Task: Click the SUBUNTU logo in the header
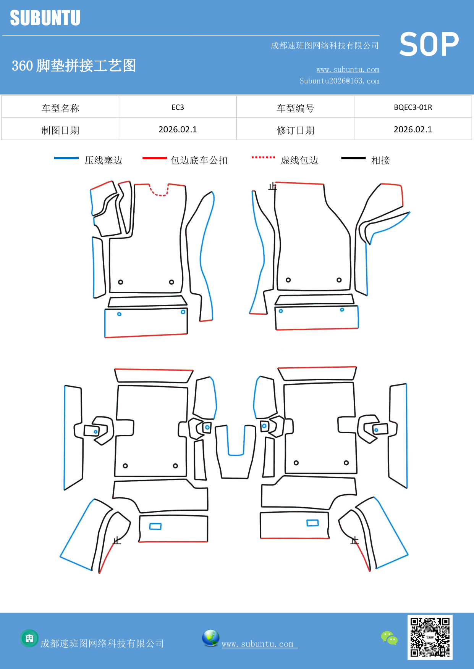45,18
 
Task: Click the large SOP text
429,45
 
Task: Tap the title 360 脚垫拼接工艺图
74,66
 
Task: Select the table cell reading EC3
178,107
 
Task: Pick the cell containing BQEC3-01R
413,107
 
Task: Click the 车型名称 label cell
60,108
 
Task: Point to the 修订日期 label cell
295,130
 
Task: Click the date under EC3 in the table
178,130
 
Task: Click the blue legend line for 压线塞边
66,158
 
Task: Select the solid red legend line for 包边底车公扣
154,158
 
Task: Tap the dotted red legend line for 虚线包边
263,157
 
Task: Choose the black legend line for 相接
353,158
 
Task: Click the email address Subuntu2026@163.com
339,81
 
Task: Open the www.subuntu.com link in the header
348,69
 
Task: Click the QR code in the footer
430,637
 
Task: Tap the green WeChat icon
389,638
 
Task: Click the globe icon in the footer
210,638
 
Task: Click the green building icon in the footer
29,638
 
